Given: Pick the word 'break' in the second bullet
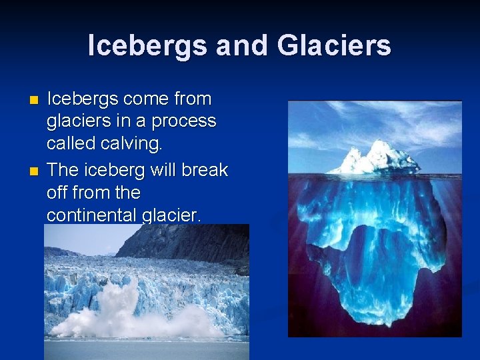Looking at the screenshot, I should [205, 171].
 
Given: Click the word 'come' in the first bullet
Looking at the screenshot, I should [145, 99].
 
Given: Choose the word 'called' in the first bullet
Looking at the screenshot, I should [71, 144].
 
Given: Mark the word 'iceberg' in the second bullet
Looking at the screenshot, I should [115, 171].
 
